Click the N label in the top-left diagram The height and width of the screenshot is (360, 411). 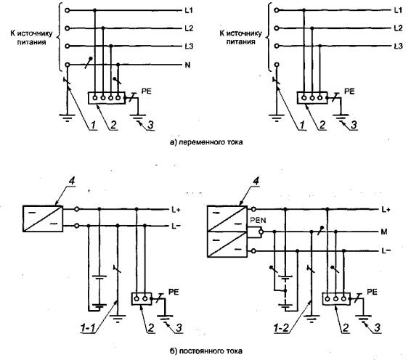pyautogui.click(x=187, y=65)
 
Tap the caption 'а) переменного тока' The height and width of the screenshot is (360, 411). pyautogui.click(x=206, y=142)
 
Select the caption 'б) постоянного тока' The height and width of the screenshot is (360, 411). pyautogui.click(x=206, y=351)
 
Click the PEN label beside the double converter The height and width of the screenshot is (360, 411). pyautogui.click(x=258, y=220)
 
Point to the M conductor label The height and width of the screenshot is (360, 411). pyautogui.click(x=384, y=232)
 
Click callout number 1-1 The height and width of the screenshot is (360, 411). pyautogui.click(x=88, y=327)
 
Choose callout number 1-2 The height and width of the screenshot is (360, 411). pyautogui.click(x=281, y=327)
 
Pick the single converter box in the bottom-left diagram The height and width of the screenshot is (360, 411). pyautogui.click(x=43, y=218)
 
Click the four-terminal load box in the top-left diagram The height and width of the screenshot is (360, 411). pyautogui.click(x=107, y=98)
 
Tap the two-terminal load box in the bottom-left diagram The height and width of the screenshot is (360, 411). pyautogui.click(x=142, y=299)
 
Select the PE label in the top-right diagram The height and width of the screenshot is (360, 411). pyautogui.click(x=349, y=91)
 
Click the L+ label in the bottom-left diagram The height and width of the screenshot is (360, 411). pyautogui.click(x=176, y=210)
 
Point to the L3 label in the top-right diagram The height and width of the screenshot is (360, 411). pyautogui.click(x=398, y=46)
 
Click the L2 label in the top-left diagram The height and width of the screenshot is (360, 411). pyautogui.click(x=189, y=28)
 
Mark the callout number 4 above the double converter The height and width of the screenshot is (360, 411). pyautogui.click(x=256, y=181)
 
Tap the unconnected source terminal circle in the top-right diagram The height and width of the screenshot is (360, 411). pyautogui.click(x=277, y=65)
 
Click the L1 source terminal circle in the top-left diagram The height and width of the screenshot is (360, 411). pyautogui.click(x=68, y=10)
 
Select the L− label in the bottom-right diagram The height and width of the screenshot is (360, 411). pyautogui.click(x=386, y=250)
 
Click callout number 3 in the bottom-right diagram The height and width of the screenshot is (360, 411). pyautogui.click(x=377, y=327)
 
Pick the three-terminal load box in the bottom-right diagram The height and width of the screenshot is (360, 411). pyautogui.click(x=336, y=299)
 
